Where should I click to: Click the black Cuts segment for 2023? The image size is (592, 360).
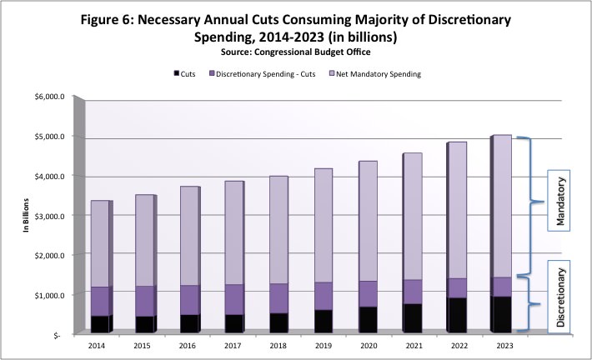click(x=500, y=314)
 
